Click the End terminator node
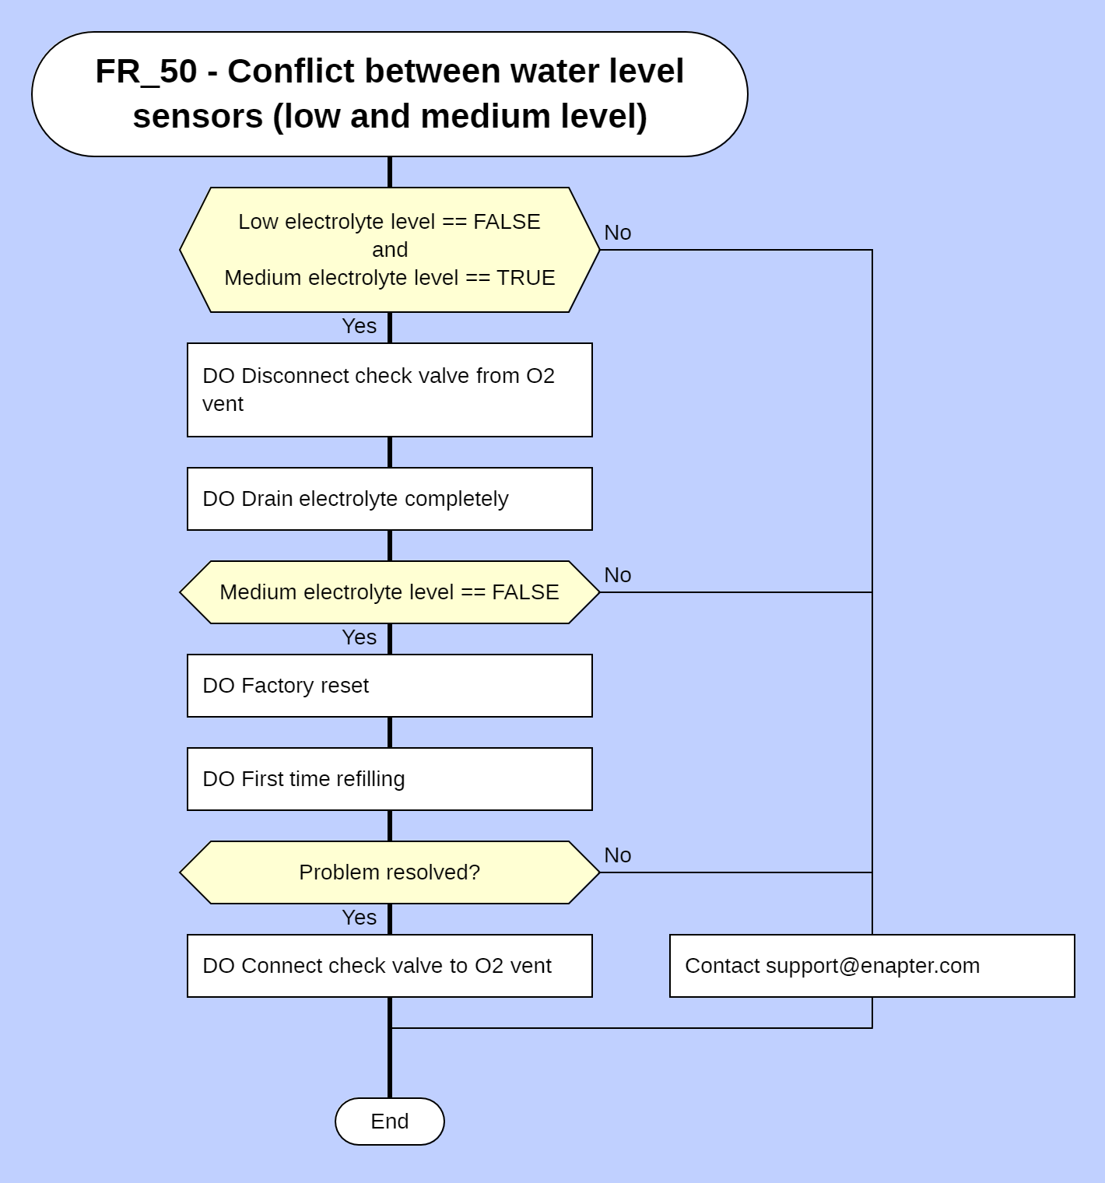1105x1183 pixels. pyautogui.click(x=389, y=1121)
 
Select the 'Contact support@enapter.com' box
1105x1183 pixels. pyautogui.click(x=872, y=965)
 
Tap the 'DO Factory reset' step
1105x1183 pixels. pyautogui.click(x=389, y=685)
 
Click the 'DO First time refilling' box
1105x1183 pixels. pyautogui.click(x=389, y=778)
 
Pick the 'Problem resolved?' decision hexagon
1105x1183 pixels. pyautogui.click(x=389, y=872)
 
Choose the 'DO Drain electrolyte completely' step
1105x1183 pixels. pyautogui.click(x=389, y=498)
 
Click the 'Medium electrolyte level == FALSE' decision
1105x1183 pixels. pyautogui.click(x=389, y=591)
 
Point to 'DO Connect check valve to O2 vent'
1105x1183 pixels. pyautogui.click(x=389, y=965)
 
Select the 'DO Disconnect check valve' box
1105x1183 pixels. pyautogui.click(x=389, y=389)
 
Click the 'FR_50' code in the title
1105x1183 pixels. pyautogui.click(x=146, y=72)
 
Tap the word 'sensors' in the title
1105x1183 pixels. pyautogui.click(x=198, y=117)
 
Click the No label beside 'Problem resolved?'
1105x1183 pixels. pyautogui.click(x=617, y=855)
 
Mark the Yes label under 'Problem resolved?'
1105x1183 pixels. pyautogui.click(x=359, y=918)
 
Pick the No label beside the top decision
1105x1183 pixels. pyautogui.click(x=617, y=233)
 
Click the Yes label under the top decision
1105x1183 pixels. pyautogui.click(x=359, y=326)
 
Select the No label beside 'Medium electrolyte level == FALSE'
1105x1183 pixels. pyautogui.click(x=617, y=575)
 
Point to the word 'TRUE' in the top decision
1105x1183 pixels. pyautogui.click(x=525, y=278)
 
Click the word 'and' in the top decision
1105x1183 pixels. pyautogui.click(x=389, y=250)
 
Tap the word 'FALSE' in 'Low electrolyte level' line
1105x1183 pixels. pyautogui.click(x=506, y=222)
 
